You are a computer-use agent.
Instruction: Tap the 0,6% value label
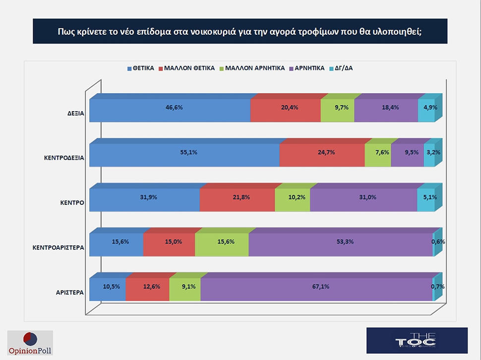point(438,242)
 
